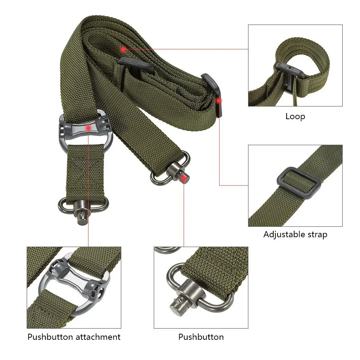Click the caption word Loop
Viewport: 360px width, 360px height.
click(x=295, y=116)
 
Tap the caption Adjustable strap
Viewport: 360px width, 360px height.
click(x=295, y=235)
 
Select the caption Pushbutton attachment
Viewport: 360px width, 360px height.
click(x=74, y=337)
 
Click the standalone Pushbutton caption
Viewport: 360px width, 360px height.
click(x=201, y=337)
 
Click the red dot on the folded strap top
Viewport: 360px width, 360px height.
click(x=123, y=49)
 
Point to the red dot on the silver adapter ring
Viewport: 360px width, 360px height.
click(x=88, y=127)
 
